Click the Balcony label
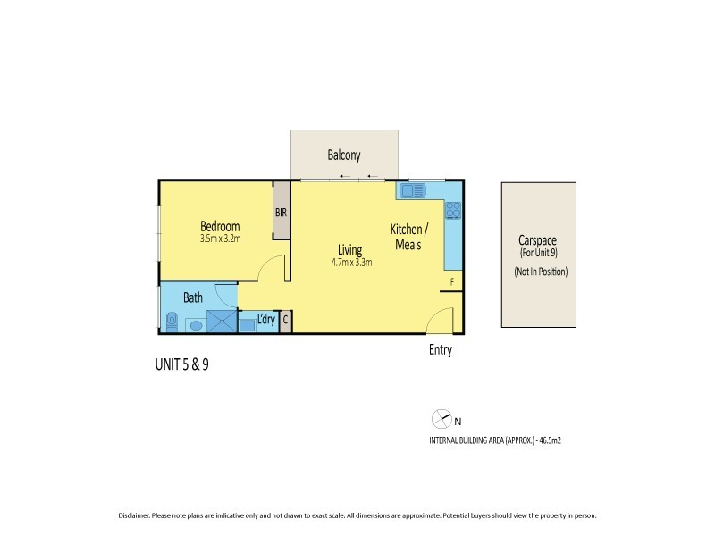(x=344, y=155)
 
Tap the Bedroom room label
(x=219, y=226)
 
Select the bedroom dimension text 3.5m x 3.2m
(x=220, y=239)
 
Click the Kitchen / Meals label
(x=410, y=237)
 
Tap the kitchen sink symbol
(x=414, y=190)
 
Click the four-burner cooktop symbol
(x=453, y=211)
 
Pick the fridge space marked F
(x=452, y=282)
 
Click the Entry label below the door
(x=440, y=350)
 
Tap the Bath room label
(x=193, y=297)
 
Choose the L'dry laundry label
(x=265, y=319)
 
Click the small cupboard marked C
(x=285, y=320)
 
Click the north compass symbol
(x=440, y=418)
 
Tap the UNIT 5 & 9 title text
(x=182, y=364)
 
